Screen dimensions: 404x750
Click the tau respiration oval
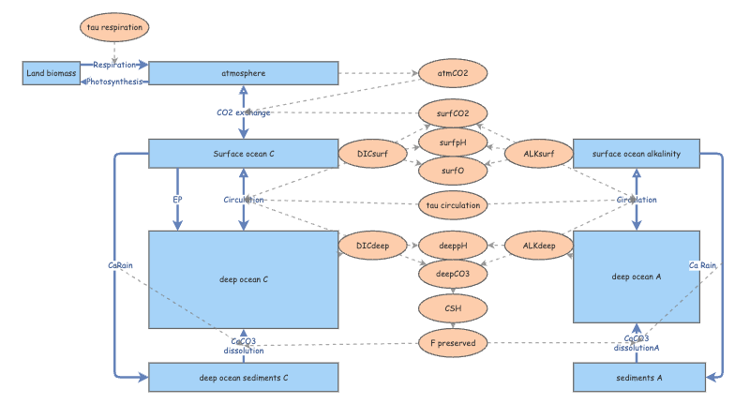[x=114, y=27]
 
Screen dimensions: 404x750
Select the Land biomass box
[x=51, y=73]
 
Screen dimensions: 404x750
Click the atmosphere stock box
[x=243, y=73]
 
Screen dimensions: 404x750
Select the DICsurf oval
[x=372, y=153]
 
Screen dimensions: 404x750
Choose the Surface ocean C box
[x=243, y=153]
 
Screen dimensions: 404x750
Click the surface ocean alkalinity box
[x=637, y=153]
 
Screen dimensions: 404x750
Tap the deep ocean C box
[x=243, y=279]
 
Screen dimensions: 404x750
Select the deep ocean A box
[x=637, y=277]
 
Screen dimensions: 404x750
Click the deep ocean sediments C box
[x=243, y=378]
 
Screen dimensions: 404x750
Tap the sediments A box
[x=637, y=378]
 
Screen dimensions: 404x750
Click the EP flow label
[x=176, y=200]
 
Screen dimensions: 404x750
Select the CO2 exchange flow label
[x=243, y=112]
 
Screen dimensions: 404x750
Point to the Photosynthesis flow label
[x=115, y=82]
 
